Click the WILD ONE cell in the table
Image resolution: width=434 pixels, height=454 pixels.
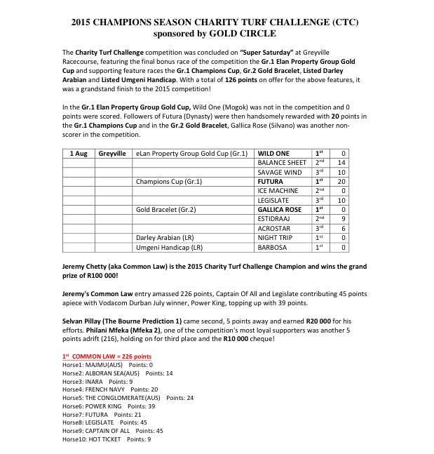click(x=273, y=153)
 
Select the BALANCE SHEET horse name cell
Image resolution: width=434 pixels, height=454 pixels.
click(x=282, y=163)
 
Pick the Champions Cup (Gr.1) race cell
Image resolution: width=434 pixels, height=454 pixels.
click(x=169, y=181)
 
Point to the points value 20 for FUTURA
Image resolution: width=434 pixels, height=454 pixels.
click(x=342, y=181)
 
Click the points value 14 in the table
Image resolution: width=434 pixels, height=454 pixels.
click(x=342, y=163)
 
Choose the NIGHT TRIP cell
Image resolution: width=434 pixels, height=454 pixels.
click(x=275, y=238)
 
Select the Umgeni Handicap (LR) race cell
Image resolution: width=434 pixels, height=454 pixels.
click(x=169, y=247)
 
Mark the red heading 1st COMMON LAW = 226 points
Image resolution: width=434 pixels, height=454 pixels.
click(x=107, y=356)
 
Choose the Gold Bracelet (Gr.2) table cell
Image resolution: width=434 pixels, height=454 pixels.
click(x=166, y=210)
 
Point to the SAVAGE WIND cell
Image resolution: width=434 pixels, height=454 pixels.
click(x=280, y=172)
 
